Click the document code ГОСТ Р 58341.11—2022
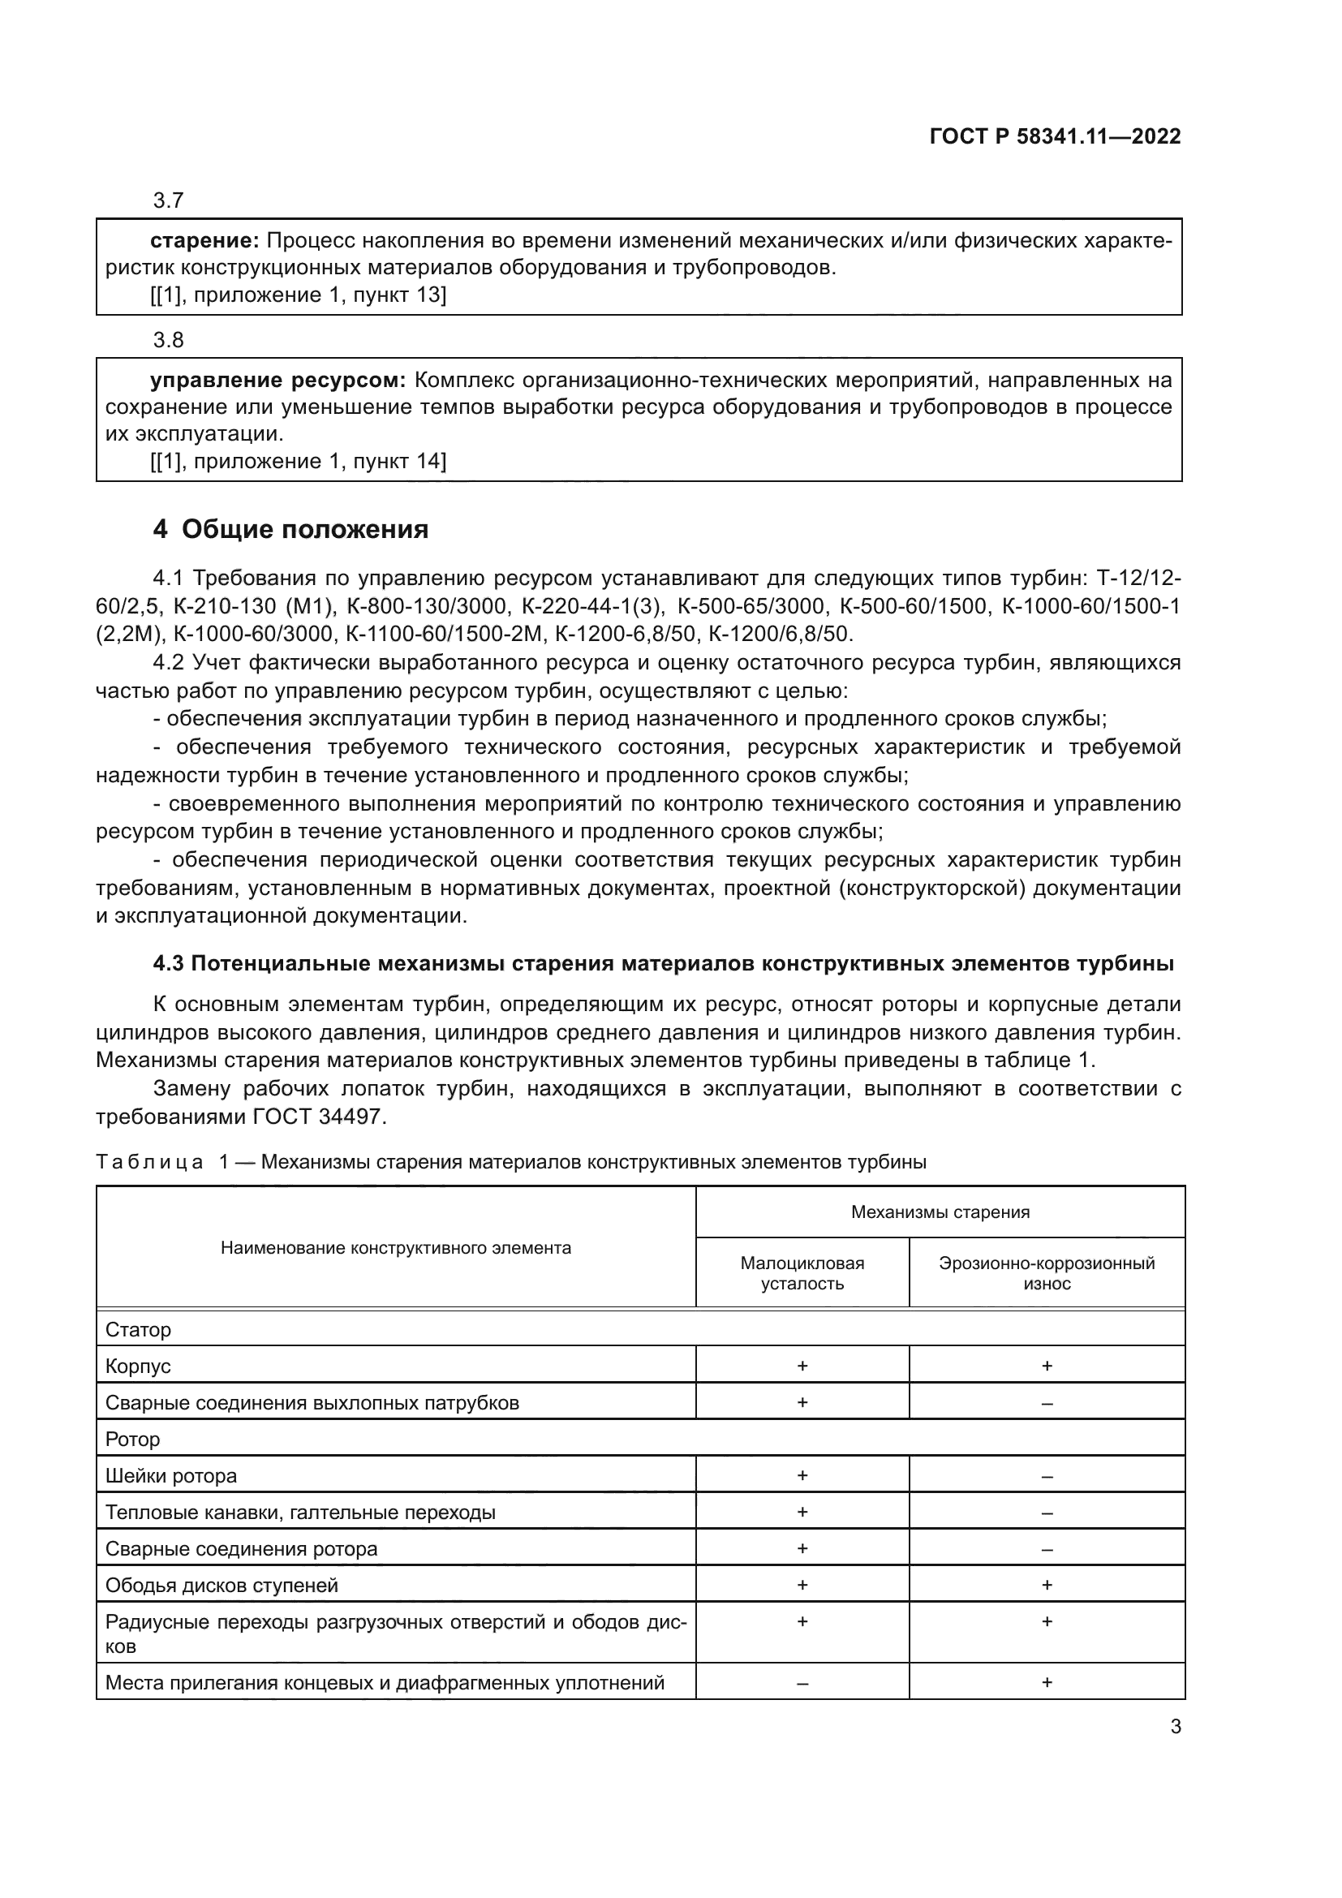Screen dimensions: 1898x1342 pos(1055,136)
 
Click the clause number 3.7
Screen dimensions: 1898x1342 pos(168,200)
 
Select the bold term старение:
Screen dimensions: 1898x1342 pos(205,240)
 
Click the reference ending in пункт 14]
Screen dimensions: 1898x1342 pos(299,461)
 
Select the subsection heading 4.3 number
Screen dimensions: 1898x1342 pos(170,964)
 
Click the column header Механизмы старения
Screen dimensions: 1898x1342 pos(940,1212)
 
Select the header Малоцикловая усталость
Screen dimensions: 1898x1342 pos(802,1273)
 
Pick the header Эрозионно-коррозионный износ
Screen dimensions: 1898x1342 pos(1046,1273)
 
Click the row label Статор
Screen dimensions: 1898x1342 pos(138,1330)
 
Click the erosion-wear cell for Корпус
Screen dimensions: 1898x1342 pos(1046,1366)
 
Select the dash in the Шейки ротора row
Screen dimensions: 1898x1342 pos(1046,1476)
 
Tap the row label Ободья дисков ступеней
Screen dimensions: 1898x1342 pos(222,1586)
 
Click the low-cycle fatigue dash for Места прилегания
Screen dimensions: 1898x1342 pos(802,1683)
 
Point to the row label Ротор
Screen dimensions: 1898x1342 pos(132,1440)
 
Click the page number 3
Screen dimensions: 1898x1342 pos(1175,1727)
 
